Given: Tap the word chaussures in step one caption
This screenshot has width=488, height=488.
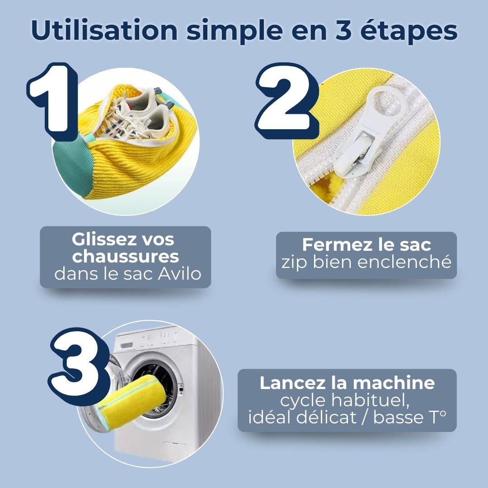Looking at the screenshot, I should [x=126, y=257].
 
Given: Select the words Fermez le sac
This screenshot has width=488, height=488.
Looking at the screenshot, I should [x=366, y=244].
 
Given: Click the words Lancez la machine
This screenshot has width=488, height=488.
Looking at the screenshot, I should [x=347, y=383].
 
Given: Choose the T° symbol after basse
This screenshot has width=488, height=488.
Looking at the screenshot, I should [x=435, y=417].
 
